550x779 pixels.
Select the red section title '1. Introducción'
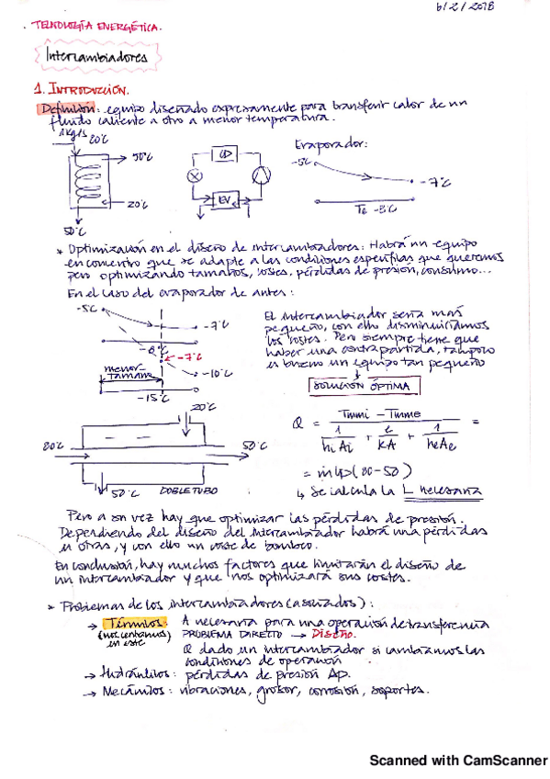pos(81,90)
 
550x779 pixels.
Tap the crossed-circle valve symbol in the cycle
pos(194,175)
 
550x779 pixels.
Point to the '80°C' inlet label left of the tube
pos(51,446)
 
